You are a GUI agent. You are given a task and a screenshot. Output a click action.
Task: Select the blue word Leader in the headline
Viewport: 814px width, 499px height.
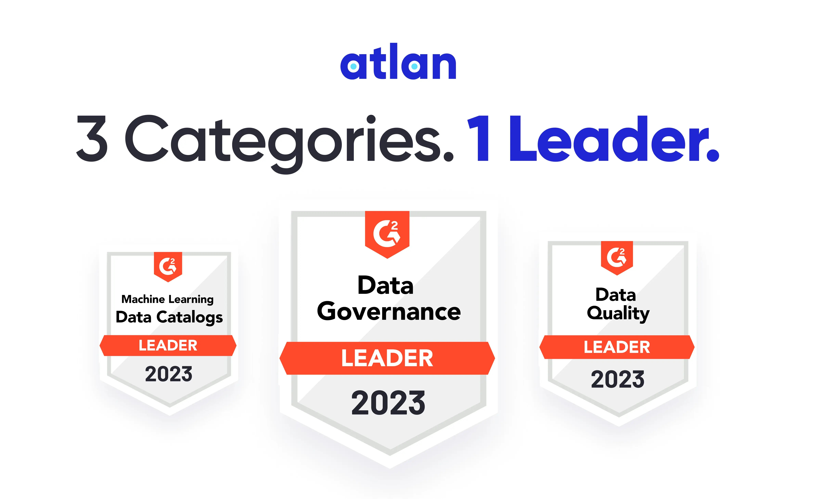tap(614, 139)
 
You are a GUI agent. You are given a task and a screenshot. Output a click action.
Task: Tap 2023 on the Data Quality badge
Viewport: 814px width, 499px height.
tap(617, 379)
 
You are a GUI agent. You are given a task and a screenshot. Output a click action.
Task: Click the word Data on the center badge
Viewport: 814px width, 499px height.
tap(385, 286)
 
